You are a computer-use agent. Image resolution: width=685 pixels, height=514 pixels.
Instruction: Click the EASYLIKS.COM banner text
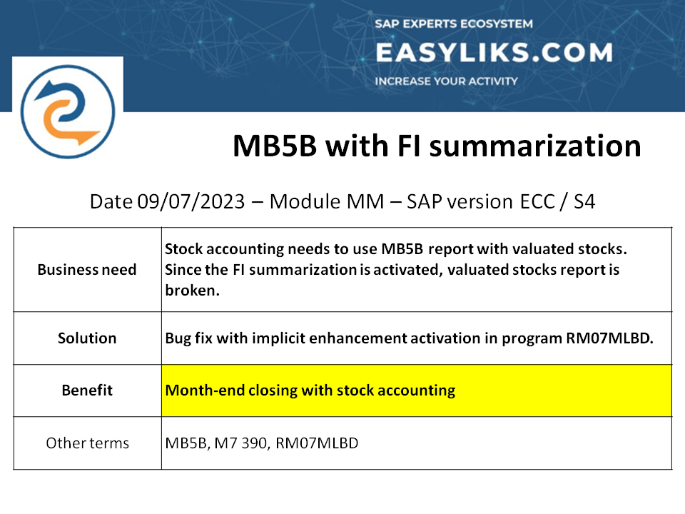[494, 52]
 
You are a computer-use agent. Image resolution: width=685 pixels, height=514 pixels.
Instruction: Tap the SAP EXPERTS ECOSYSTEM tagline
[454, 24]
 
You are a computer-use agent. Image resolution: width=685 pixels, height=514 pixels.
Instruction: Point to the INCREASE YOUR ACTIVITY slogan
[446, 81]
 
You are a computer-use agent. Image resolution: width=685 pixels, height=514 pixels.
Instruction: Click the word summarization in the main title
[535, 146]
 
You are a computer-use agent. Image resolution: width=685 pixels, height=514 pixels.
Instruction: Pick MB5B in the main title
[274, 146]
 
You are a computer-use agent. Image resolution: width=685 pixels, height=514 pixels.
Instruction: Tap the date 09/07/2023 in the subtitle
[191, 202]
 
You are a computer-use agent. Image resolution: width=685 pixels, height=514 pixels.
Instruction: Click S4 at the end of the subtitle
[584, 202]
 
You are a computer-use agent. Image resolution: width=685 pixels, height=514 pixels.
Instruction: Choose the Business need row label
[87, 270]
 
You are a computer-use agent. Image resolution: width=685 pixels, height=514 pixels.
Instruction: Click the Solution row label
[87, 338]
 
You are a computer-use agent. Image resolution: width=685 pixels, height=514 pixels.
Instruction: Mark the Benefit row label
[87, 390]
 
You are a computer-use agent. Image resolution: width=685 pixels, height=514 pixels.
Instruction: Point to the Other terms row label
[87, 443]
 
